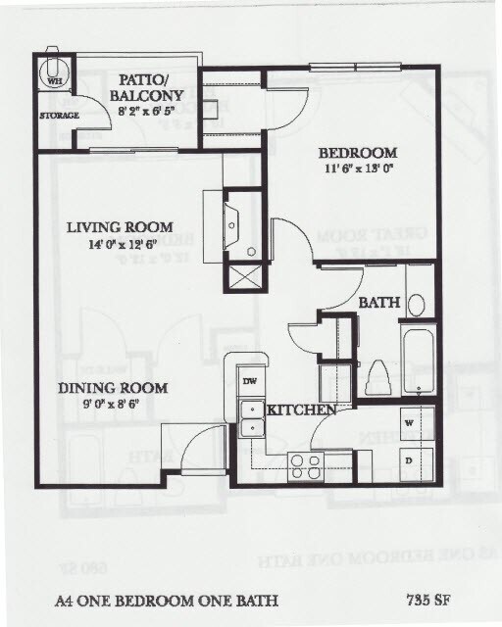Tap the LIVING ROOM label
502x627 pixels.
click(x=121, y=227)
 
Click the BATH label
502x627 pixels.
click(x=378, y=304)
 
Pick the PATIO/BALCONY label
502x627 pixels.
click(x=147, y=87)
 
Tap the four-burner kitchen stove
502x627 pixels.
click(x=306, y=465)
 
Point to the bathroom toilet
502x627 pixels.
click(x=378, y=377)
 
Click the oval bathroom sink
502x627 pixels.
click(x=416, y=304)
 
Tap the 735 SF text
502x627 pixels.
click(x=427, y=599)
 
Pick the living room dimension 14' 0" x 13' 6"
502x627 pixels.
click(x=121, y=244)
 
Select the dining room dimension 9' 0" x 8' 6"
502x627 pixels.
click(x=111, y=404)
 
